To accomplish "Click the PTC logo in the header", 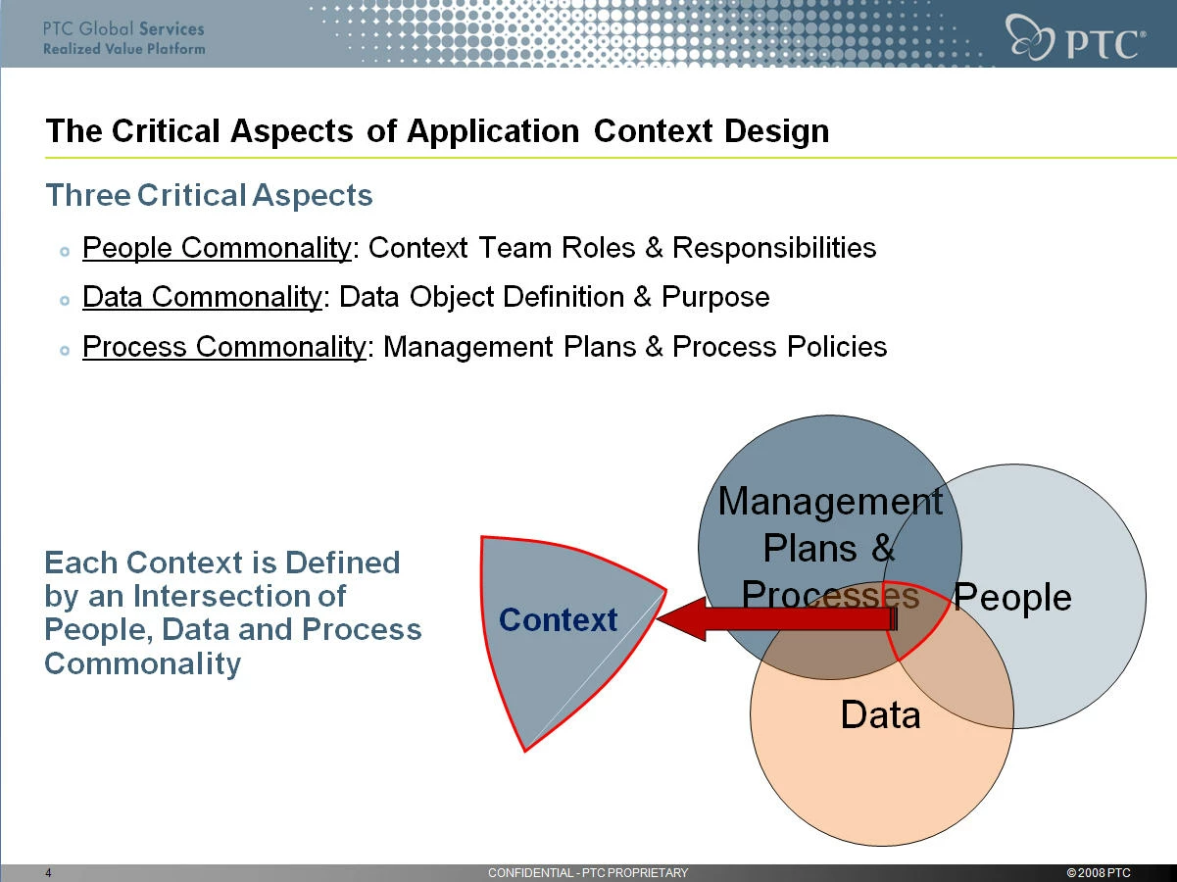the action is pyautogui.click(x=1075, y=37).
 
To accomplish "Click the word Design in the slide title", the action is pyautogui.click(x=776, y=131).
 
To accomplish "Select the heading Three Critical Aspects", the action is pyautogui.click(x=209, y=195).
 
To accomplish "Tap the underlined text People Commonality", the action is pyautogui.click(x=217, y=249).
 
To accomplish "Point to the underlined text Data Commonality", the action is pyautogui.click(x=202, y=298).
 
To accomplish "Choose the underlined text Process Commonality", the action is pyautogui.click(x=224, y=347).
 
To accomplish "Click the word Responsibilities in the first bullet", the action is pyautogui.click(x=774, y=248).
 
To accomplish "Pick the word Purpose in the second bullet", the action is pyautogui.click(x=715, y=298).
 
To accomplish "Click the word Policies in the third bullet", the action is pyautogui.click(x=837, y=347).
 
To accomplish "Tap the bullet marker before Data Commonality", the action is pyautogui.click(x=65, y=301).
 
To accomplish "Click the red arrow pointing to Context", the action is pyautogui.click(x=776, y=619).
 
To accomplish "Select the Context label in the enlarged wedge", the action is pyautogui.click(x=558, y=620).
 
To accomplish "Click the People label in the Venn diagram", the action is pyautogui.click(x=1012, y=597).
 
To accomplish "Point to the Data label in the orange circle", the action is pyautogui.click(x=880, y=714).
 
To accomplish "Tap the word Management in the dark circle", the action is pyautogui.click(x=830, y=502).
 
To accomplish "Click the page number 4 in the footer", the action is pyautogui.click(x=48, y=872).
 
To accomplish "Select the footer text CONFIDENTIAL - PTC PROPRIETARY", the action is pyautogui.click(x=588, y=872).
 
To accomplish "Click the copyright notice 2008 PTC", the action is pyautogui.click(x=1099, y=872).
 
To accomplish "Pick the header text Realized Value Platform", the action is pyautogui.click(x=123, y=49).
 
